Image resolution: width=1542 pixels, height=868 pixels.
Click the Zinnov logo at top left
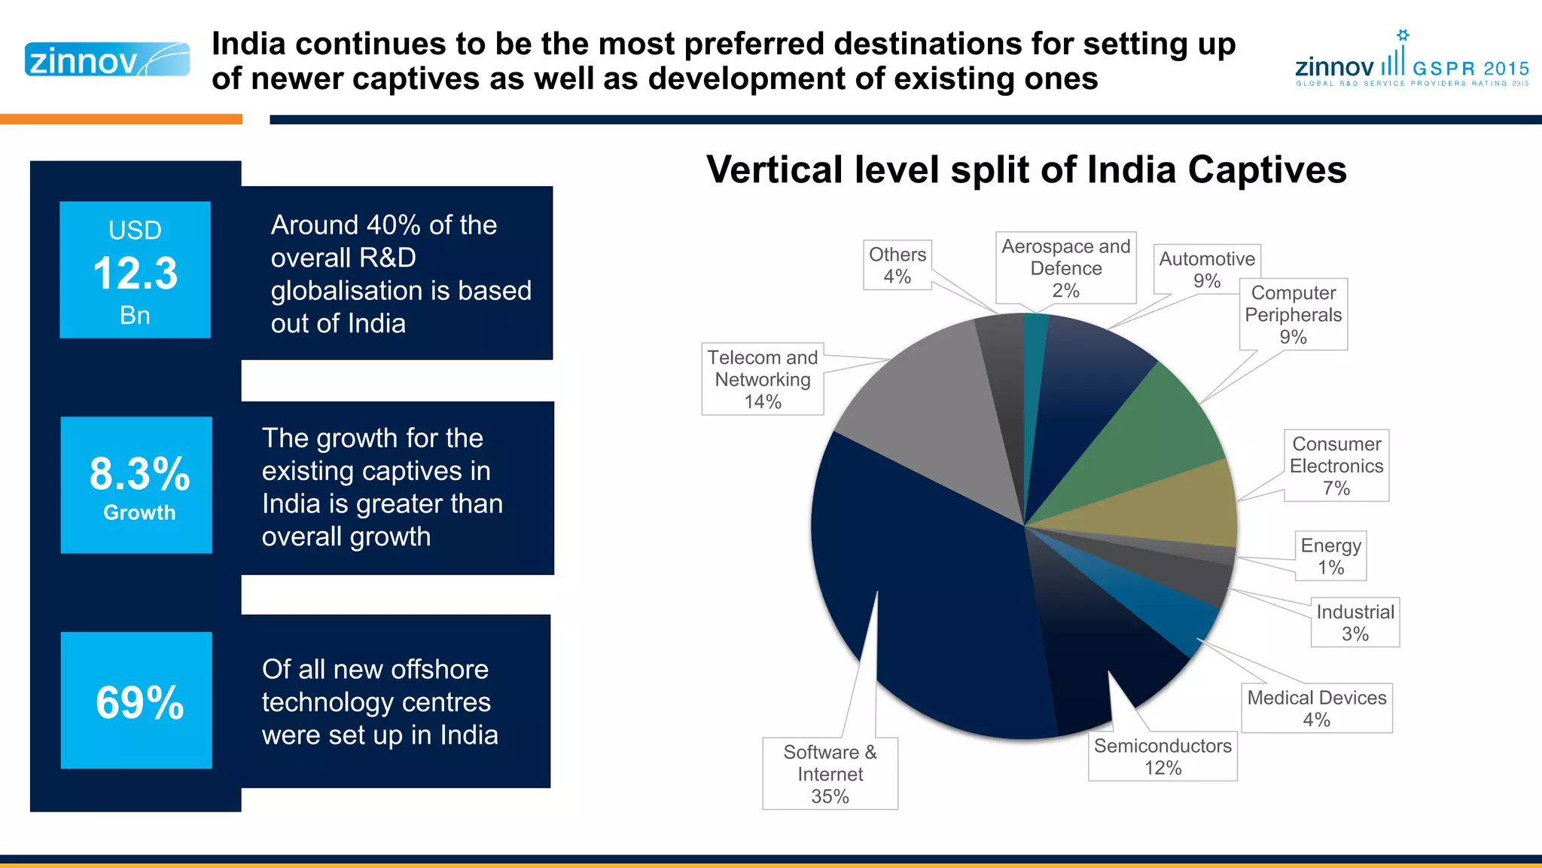(x=106, y=60)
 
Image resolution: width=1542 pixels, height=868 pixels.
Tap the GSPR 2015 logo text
(x=1470, y=69)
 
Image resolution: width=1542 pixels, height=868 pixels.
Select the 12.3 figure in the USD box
(x=136, y=273)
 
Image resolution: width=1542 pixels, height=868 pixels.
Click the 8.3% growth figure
(x=139, y=475)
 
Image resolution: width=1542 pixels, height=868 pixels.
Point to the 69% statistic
(x=139, y=702)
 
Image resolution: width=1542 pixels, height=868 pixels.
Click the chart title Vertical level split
(x=1025, y=170)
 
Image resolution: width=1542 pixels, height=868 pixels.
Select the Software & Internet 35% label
(x=830, y=774)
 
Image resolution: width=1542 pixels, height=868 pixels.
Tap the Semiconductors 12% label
(x=1163, y=756)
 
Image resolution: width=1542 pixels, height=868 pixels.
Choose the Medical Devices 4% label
(x=1316, y=708)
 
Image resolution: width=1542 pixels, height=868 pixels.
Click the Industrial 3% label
(x=1355, y=622)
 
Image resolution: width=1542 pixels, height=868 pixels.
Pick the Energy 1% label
(x=1330, y=556)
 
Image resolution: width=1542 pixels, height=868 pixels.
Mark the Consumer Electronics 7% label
(x=1336, y=466)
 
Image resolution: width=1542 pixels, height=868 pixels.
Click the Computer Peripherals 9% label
(x=1293, y=314)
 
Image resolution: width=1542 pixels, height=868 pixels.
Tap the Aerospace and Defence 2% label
(x=1065, y=268)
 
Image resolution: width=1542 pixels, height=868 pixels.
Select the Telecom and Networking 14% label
(x=762, y=379)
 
